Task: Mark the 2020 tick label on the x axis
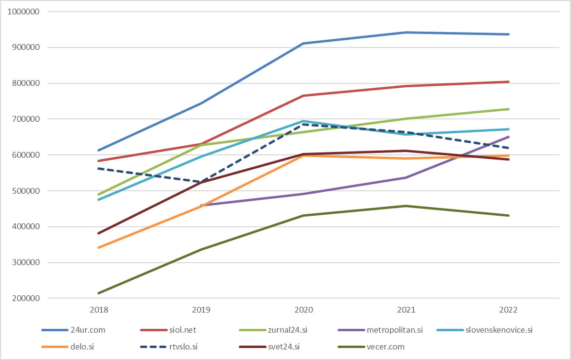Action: pyautogui.click(x=303, y=310)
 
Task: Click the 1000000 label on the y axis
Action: pyautogui.click(x=23, y=12)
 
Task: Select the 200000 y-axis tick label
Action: pyautogui.click(x=25, y=299)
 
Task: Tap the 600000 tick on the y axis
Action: pyautogui.click(x=25, y=155)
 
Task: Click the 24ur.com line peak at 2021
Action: pyautogui.click(x=406, y=33)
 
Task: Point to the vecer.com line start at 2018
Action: pyautogui.click(x=98, y=293)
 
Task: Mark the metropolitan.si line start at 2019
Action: pyautogui.click(x=201, y=206)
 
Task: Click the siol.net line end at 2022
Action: pyautogui.click(x=509, y=82)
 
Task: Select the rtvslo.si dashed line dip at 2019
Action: pyautogui.click(x=201, y=182)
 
